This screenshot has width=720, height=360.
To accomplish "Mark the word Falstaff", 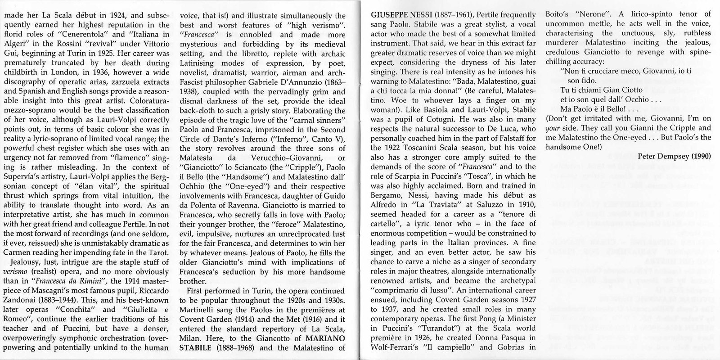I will pyautogui.click(x=511, y=147).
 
